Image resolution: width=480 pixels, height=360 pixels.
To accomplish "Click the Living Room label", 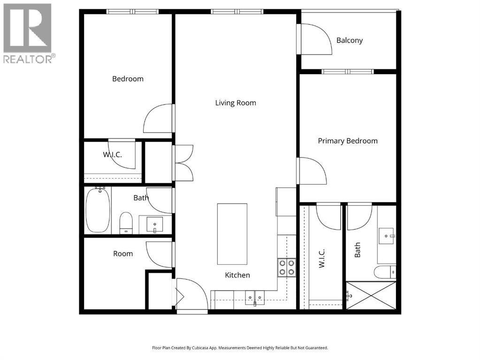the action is tap(236, 103).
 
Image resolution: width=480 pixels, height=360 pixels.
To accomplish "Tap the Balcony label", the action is tap(349, 40).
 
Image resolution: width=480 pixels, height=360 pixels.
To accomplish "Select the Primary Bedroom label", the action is tap(348, 141).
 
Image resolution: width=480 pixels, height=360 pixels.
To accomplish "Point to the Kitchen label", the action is tap(237, 275).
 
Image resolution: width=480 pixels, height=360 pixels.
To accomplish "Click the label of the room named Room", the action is tap(123, 254).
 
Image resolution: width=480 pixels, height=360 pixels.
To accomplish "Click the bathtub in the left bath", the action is tap(98, 210).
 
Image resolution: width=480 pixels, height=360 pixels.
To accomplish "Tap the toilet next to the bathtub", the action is tap(126, 223).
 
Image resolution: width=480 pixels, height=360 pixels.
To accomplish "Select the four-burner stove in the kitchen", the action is tap(287, 268).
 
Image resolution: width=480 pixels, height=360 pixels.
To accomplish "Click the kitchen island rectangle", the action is tap(232, 234).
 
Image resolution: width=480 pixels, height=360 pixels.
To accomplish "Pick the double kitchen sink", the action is tap(255, 297).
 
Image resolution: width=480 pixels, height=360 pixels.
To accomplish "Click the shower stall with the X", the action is tap(371, 295).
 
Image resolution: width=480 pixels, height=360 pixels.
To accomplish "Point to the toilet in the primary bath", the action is tap(385, 272).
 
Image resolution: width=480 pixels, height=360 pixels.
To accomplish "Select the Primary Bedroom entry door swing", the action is tap(312, 171).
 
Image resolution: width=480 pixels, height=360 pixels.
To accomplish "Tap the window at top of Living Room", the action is tap(237, 12).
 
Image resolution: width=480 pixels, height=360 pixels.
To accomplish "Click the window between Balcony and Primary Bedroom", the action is tap(348, 72).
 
